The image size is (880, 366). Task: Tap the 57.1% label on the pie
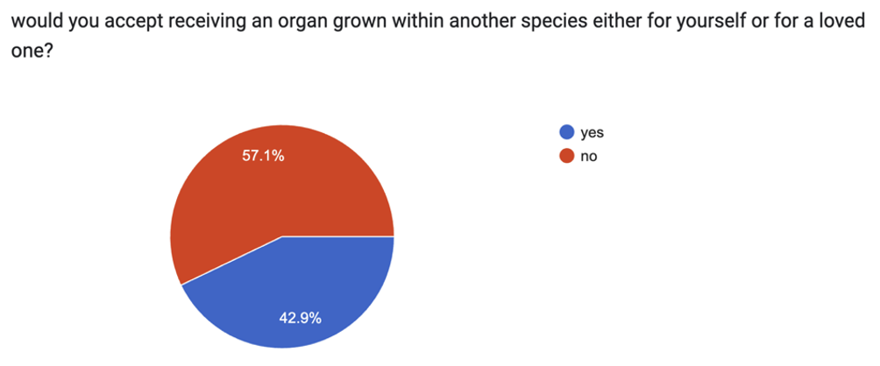coord(262,158)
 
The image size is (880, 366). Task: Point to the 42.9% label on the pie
coord(300,318)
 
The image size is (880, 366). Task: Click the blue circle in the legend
coord(566,133)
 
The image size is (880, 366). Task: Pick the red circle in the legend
coord(566,156)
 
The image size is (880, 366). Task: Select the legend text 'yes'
coord(593,133)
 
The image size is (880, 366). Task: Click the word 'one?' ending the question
coord(26,51)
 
